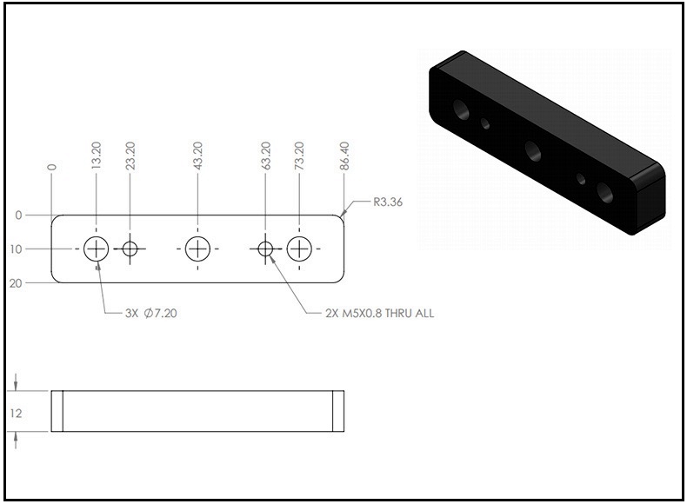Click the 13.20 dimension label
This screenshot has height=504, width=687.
(97, 156)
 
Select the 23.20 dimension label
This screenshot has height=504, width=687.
(130, 156)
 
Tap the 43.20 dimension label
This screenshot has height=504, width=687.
(197, 156)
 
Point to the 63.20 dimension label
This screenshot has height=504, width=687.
(265, 156)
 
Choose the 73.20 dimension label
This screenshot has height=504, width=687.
(299, 156)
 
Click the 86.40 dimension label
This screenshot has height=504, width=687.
(344, 156)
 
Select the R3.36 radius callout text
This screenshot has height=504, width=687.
(388, 202)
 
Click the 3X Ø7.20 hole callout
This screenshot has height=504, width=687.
(151, 313)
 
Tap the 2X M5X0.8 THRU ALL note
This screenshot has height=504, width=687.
(379, 313)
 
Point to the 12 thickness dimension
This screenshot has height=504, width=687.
(16, 414)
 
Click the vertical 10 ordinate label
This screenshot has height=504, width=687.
(16, 249)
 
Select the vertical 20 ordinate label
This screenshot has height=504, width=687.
(16, 283)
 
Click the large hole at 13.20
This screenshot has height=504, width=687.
(97, 249)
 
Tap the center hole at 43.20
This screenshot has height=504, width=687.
(197, 249)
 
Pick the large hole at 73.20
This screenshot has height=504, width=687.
(299, 249)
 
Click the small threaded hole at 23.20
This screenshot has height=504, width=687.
(130, 249)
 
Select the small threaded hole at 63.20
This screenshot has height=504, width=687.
(265, 249)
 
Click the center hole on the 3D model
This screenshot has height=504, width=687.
(533, 151)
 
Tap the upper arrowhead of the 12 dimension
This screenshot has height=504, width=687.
(16, 386)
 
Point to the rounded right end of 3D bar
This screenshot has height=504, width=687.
(648, 198)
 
